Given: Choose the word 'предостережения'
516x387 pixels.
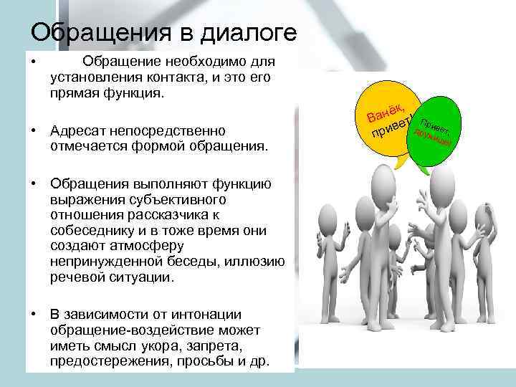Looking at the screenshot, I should [105, 362].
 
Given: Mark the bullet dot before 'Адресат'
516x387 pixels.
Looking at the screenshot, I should [34, 131].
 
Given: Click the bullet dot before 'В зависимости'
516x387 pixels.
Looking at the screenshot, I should [34, 315].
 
